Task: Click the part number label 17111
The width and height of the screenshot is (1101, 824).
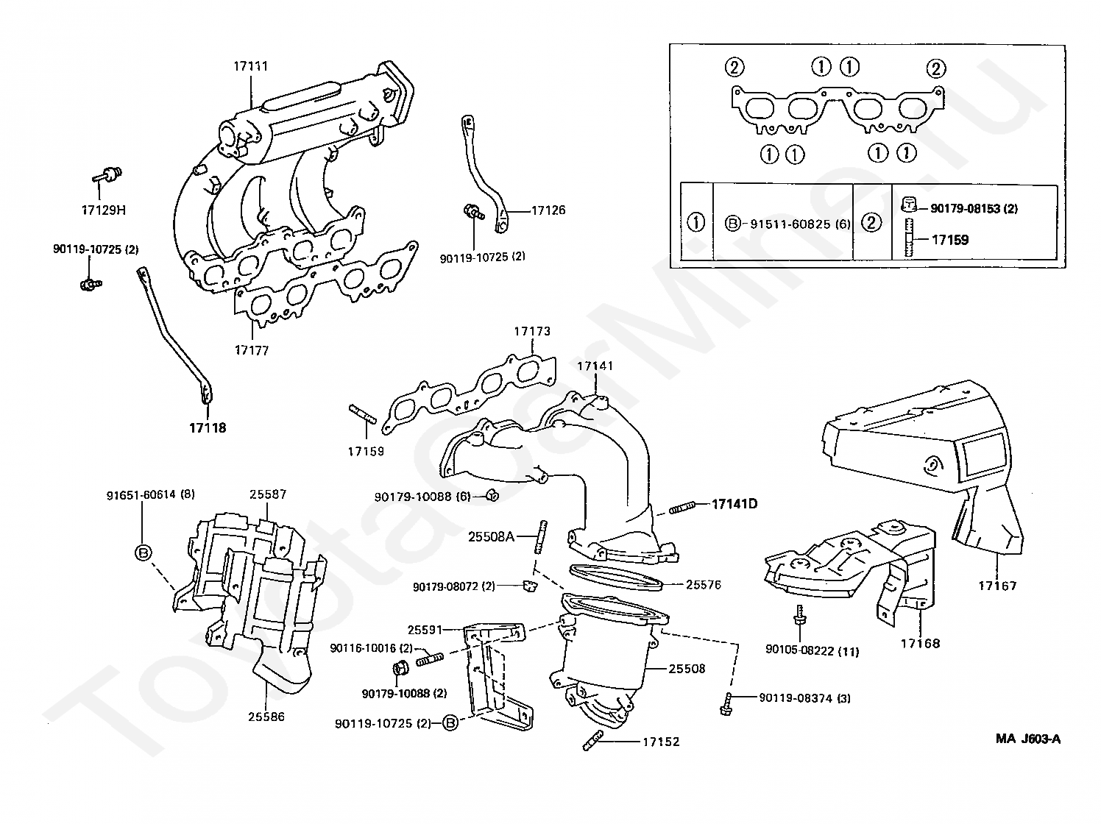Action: tap(251, 66)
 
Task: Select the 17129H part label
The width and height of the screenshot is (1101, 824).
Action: tap(104, 210)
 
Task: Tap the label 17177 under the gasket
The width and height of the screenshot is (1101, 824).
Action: tap(252, 350)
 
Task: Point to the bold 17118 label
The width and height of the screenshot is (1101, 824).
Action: tap(208, 427)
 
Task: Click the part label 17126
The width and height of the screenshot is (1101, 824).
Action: tap(548, 210)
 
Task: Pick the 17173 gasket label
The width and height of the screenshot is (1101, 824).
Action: tap(532, 331)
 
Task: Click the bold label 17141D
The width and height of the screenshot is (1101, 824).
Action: tap(734, 504)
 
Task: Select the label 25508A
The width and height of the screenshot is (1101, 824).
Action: tap(491, 537)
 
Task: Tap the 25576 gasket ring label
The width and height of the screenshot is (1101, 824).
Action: tap(704, 584)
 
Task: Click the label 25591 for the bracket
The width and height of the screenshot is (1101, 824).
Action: tap(425, 630)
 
